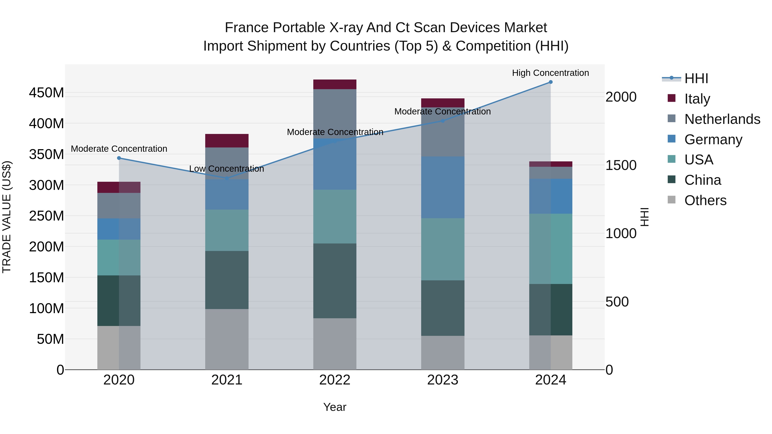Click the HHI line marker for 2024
(550, 82)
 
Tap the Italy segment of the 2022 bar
(335, 84)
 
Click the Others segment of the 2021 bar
(227, 339)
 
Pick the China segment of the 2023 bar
(443, 308)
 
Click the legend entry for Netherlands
(722, 119)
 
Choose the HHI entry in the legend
(696, 78)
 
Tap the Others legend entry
(705, 200)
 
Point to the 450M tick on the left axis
(47, 93)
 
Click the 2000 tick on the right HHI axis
(621, 97)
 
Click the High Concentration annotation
(550, 73)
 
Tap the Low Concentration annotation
(227, 169)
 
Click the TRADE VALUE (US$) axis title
(7, 217)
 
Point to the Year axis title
(335, 407)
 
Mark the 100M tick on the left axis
(47, 308)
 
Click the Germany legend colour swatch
(672, 139)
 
